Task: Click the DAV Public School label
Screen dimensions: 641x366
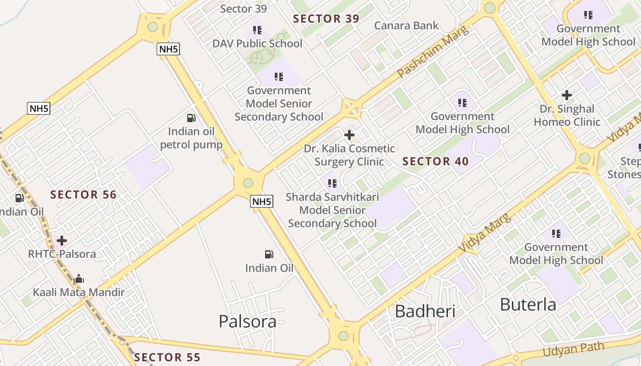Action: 257,43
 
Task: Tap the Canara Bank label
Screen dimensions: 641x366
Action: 407,26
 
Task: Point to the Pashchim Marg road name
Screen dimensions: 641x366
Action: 433,52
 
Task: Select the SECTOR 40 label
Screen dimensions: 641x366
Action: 435,161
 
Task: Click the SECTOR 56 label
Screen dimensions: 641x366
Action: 83,194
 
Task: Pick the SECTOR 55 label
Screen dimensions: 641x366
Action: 167,357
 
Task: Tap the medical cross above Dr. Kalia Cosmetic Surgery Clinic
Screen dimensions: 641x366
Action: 349,135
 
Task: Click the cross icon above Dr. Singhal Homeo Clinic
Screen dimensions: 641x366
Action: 567,95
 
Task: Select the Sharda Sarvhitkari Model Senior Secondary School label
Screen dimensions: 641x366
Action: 332,210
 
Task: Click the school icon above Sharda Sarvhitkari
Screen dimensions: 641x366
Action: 332,183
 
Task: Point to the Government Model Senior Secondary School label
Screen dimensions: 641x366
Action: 279,103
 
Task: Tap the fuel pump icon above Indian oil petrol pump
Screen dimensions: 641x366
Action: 191,118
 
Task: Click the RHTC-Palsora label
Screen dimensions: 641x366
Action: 62,254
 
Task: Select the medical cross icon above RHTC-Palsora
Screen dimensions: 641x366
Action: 62,240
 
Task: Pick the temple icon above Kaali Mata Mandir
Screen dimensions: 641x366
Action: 79,279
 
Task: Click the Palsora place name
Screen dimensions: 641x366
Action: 247,321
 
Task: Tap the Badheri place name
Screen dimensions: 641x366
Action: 425,311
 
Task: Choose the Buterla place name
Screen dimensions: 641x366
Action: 528,304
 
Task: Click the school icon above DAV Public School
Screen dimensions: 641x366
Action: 257,30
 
